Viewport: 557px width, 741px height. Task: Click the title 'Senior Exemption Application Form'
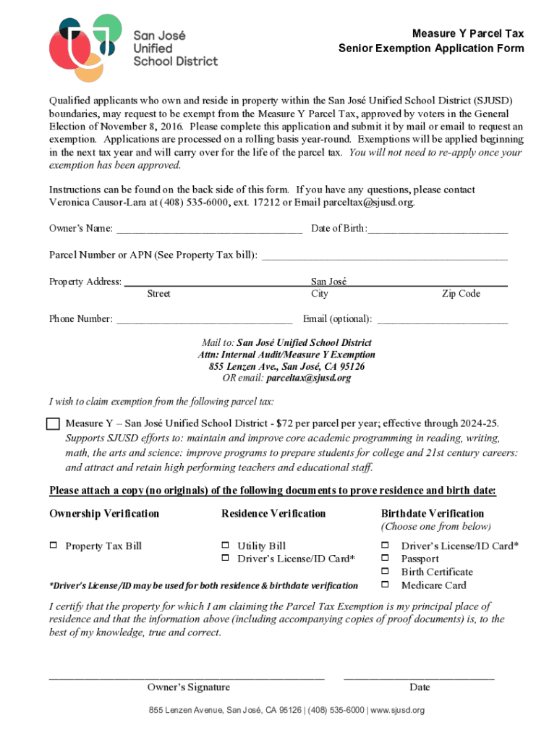tap(431, 48)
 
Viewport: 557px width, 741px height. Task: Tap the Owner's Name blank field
tap(209, 230)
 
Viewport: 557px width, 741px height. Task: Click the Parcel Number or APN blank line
tap(383, 257)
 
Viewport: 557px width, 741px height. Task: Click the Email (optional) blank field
tap(442, 320)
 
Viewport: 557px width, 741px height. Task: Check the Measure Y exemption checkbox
tap(53, 423)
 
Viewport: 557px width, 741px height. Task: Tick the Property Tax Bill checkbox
tap(53, 546)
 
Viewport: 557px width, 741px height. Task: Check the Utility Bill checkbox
tap(224, 546)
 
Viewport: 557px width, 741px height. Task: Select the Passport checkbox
tap(386, 559)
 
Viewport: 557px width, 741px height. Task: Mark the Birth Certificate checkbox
tap(386, 572)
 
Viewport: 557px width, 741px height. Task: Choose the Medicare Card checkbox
tap(386, 585)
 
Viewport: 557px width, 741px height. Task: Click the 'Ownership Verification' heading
tap(104, 514)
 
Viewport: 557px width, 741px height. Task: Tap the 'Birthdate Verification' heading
tap(433, 514)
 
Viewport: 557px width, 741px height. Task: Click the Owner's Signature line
tap(187, 677)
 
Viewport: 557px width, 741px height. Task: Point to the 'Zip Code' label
tap(461, 294)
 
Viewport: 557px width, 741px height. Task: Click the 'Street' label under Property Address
tap(158, 294)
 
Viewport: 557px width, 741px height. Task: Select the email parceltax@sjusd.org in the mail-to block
tap(308, 378)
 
